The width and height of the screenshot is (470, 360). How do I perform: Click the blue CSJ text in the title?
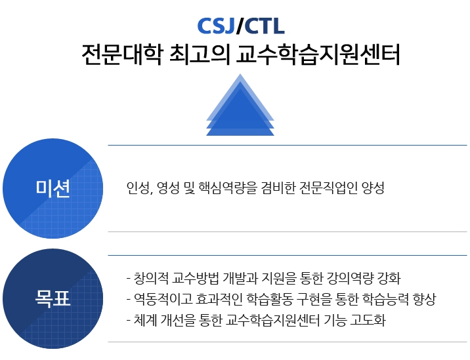pyautogui.click(x=216, y=26)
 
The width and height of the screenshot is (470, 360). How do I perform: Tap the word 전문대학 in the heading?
pyautogui.click(x=122, y=54)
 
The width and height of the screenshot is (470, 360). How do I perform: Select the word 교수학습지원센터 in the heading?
pyautogui.click(x=318, y=54)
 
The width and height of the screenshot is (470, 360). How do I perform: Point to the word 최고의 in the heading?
pyautogui.click(x=200, y=54)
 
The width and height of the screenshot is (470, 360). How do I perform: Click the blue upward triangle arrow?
pyautogui.click(x=240, y=105)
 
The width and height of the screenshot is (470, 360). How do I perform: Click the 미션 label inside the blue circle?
pyautogui.click(x=53, y=188)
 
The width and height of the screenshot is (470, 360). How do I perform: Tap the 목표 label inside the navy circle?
pyautogui.click(x=53, y=298)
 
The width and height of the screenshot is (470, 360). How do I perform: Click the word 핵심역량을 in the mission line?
pyautogui.click(x=228, y=188)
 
